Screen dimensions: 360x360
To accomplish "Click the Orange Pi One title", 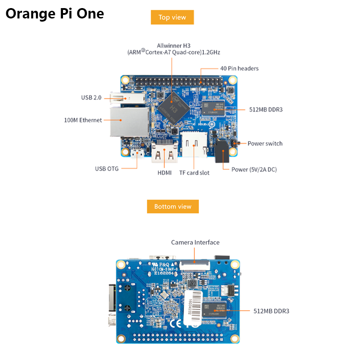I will [x=54, y=13].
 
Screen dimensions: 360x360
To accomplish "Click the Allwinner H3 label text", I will [x=173, y=45].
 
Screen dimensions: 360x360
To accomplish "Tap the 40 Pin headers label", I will [x=239, y=68].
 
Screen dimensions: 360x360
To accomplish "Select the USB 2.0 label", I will [x=92, y=98].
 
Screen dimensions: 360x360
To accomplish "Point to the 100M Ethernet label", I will [x=83, y=120].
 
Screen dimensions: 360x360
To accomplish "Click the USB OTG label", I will [x=107, y=169].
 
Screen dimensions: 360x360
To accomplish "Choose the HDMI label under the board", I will [x=164, y=172].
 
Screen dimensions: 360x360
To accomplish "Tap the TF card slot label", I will [x=194, y=172].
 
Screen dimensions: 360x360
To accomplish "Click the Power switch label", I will [x=265, y=144].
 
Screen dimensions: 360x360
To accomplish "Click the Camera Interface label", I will [x=195, y=243].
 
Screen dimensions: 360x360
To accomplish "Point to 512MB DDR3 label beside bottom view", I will [x=271, y=311].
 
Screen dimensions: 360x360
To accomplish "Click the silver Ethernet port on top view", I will [x=130, y=121].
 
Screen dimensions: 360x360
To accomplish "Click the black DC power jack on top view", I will [x=222, y=152].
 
